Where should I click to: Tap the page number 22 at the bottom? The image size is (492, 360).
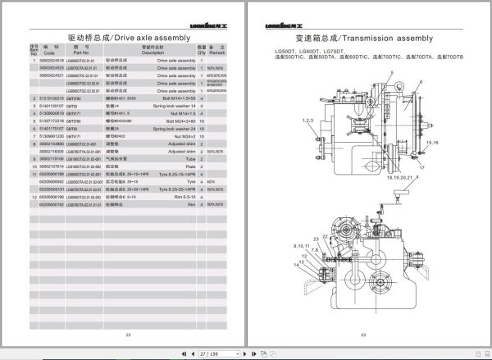click(127, 333)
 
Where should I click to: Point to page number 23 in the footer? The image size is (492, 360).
click(362, 333)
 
